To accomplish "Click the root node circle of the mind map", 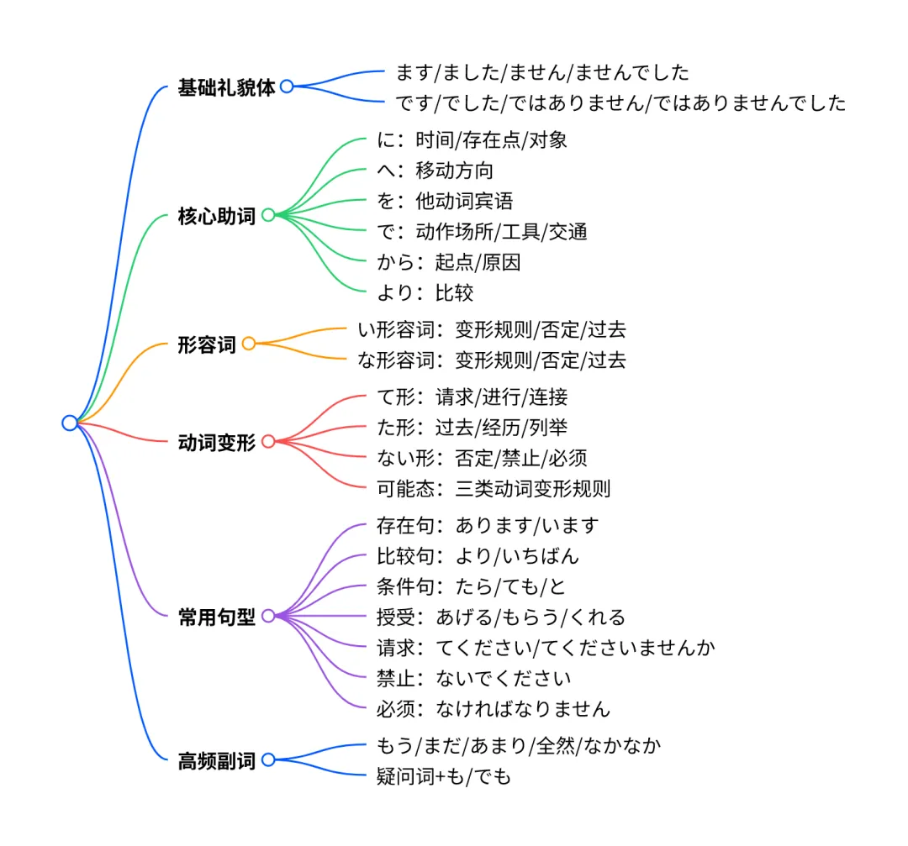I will click(x=70, y=423).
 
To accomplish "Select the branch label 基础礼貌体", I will click(x=226, y=87).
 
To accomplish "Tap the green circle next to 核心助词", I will click(x=268, y=215).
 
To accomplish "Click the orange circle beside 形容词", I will click(x=248, y=344).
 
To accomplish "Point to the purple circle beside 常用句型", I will click(x=268, y=616).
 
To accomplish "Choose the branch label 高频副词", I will click(x=216, y=761).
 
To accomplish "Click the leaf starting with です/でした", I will click(x=620, y=103).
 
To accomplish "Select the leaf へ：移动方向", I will click(x=435, y=171).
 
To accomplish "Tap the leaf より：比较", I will click(x=425, y=292).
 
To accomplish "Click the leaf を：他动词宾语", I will click(x=445, y=201).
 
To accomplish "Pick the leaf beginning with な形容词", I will click(x=492, y=360).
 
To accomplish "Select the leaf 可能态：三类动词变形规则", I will click(x=493, y=488).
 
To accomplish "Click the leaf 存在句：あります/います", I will click(x=488, y=526).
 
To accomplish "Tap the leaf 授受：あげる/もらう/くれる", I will click(x=501, y=617).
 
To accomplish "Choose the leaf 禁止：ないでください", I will click(x=474, y=678).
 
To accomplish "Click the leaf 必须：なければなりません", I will click(x=493, y=708).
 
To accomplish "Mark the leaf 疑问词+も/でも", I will click(x=443, y=777).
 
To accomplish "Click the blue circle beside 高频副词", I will click(x=268, y=760).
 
